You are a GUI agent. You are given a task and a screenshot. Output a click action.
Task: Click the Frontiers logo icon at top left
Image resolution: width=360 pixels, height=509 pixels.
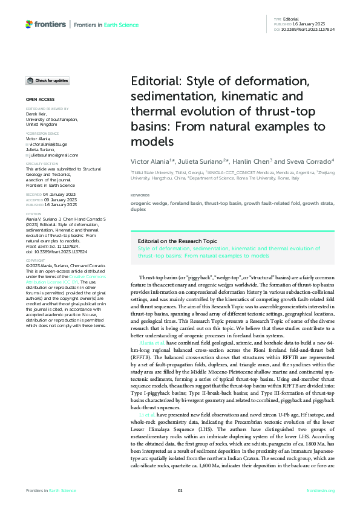click(29, 24)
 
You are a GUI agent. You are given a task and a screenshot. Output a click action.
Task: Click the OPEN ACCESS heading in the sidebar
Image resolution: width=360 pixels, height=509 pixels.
click(40, 99)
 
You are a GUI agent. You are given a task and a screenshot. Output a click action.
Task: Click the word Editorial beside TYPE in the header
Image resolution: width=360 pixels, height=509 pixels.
click(290, 20)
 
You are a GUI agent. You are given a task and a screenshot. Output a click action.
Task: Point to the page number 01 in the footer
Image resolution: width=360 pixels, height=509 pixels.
click(180, 490)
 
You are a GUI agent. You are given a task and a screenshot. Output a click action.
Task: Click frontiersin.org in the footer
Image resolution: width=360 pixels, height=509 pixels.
click(321, 490)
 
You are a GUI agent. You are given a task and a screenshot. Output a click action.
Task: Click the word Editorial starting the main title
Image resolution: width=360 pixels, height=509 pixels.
click(158, 82)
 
